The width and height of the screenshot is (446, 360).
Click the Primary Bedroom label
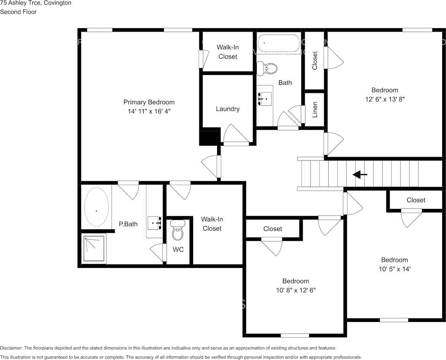coord(149,102)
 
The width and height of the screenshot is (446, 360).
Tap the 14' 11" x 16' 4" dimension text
coord(149,112)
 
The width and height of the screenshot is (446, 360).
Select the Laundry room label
coord(227,109)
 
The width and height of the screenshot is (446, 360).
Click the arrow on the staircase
coord(360,174)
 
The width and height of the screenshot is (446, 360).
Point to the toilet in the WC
coord(178,231)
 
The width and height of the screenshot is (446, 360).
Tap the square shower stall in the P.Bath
coord(94,248)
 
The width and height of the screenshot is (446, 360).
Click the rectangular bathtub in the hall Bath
coord(279,44)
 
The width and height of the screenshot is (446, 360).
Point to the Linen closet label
coord(315,110)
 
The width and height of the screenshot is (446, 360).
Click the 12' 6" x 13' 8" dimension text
coord(385,99)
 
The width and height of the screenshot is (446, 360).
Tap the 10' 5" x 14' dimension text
coord(395,269)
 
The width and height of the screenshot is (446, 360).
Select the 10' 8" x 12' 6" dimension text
coord(296,290)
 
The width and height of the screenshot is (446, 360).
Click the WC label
coord(178,250)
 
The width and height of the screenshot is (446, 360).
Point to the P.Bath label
coord(128,224)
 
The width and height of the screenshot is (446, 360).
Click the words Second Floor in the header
coord(18,12)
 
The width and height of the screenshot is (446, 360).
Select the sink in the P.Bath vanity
coord(155,223)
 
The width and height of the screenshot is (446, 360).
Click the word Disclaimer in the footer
coord(11,348)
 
